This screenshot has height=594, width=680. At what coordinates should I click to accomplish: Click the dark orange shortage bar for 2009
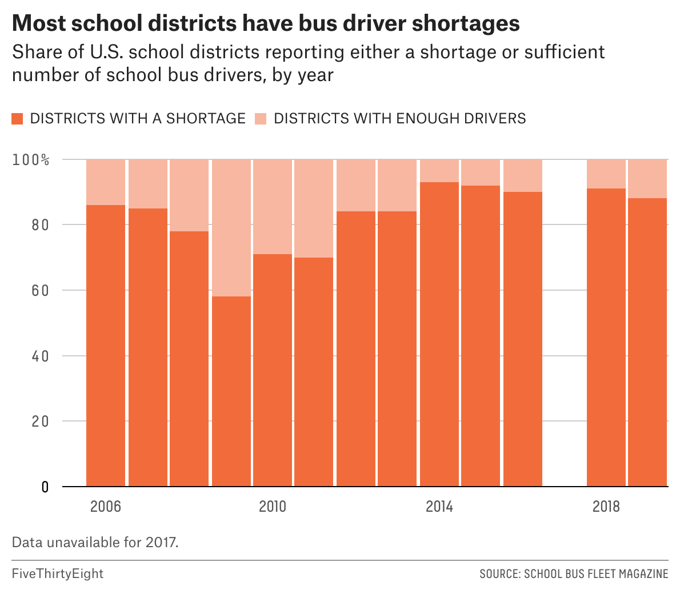pyautogui.click(x=231, y=391)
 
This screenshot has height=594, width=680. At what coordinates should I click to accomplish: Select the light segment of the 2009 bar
pyautogui.click(x=231, y=227)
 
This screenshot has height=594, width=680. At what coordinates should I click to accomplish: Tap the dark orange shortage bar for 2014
pyautogui.click(x=439, y=334)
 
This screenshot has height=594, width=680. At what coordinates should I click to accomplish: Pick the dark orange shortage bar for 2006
pyautogui.click(x=106, y=346)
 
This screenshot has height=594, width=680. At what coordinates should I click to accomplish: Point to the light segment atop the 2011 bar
pyautogui.click(x=314, y=208)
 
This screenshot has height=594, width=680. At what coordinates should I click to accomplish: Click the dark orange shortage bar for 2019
pyautogui.click(x=647, y=343)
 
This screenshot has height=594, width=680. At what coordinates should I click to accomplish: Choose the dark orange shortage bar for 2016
pyautogui.click(x=523, y=339)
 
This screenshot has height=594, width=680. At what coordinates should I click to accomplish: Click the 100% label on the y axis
pyautogui.click(x=31, y=159)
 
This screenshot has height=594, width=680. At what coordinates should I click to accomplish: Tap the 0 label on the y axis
pyautogui.click(x=45, y=487)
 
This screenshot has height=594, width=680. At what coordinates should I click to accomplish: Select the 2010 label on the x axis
pyautogui.click(x=273, y=507)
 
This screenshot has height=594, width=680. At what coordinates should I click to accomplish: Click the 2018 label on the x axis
pyautogui.click(x=606, y=507)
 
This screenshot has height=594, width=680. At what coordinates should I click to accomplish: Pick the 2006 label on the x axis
pyautogui.click(x=106, y=507)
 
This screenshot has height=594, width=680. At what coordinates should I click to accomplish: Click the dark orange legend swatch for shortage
pyautogui.click(x=17, y=119)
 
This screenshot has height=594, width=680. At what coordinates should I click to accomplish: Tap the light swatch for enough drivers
pyautogui.click(x=261, y=119)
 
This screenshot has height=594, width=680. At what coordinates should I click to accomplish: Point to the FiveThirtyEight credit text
pyautogui.click(x=58, y=573)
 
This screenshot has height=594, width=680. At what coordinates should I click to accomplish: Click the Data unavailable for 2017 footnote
pyautogui.click(x=95, y=541)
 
